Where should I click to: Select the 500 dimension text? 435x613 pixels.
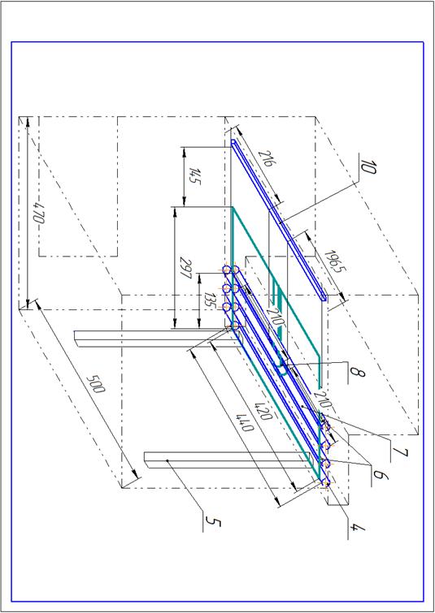[96, 384]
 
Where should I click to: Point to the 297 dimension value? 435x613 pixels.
[185, 267]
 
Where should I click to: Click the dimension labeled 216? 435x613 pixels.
[265, 158]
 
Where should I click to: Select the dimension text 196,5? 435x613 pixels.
[333, 261]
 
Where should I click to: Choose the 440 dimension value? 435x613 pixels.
[246, 422]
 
